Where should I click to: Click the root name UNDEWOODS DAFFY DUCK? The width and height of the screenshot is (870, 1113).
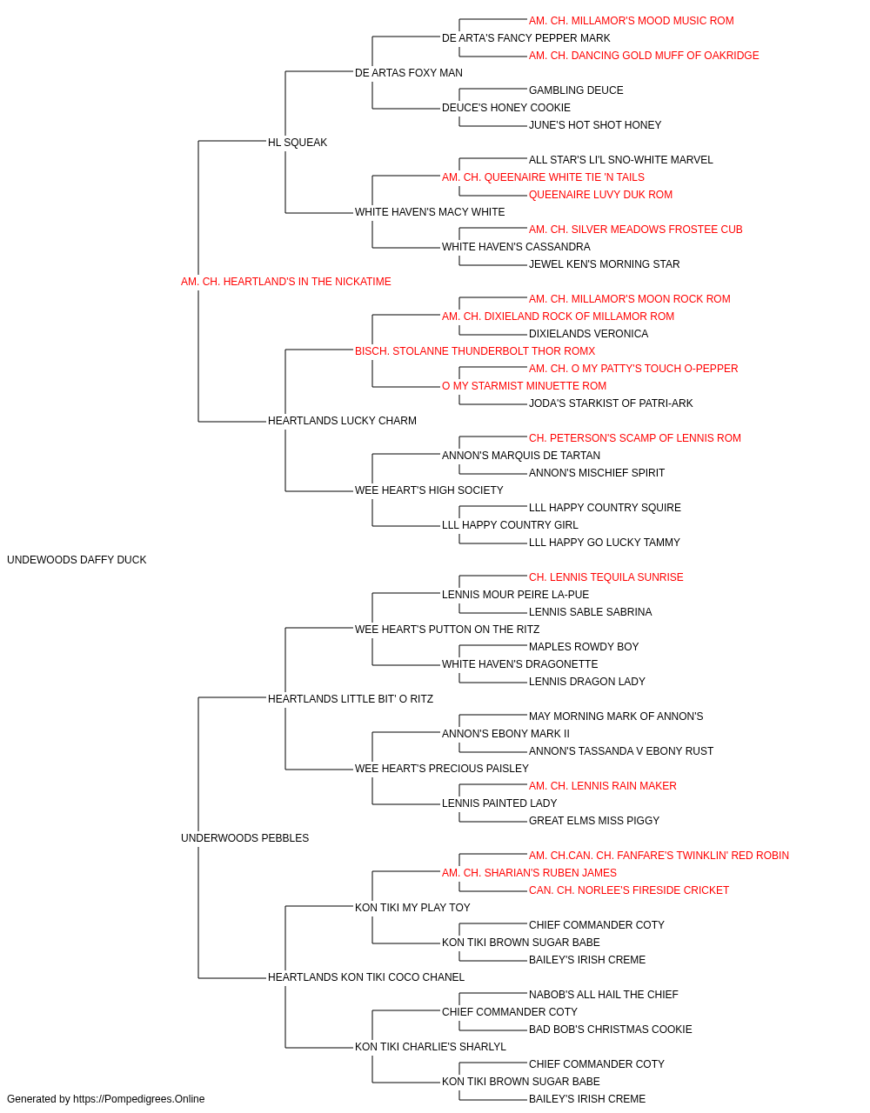(77, 560)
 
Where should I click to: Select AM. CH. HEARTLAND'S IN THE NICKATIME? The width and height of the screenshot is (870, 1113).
(286, 282)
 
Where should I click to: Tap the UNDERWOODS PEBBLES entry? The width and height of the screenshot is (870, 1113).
(245, 838)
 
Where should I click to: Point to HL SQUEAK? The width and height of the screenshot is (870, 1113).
(298, 143)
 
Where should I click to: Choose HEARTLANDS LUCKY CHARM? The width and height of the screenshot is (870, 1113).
(342, 421)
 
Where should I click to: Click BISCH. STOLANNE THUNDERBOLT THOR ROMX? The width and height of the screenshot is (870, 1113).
(475, 350)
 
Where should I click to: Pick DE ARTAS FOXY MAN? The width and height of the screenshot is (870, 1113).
(408, 73)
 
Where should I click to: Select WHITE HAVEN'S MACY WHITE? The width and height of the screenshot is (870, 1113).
(430, 212)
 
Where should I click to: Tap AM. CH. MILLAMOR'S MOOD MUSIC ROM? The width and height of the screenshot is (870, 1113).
(632, 21)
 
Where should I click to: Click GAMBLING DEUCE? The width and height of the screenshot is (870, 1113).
(576, 90)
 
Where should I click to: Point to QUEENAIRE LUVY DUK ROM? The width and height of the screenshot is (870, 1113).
(600, 195)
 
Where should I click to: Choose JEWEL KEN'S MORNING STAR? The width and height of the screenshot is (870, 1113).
(604, 264)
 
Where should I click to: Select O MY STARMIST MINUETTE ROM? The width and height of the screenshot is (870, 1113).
(524, 386)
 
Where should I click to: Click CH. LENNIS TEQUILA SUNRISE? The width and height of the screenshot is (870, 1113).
(606, 577)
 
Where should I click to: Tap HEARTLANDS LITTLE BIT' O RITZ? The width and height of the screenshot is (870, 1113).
(351, 699)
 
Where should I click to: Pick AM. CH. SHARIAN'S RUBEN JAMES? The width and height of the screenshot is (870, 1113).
(529, 873)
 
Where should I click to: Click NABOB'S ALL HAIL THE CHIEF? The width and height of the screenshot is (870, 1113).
(604, 995)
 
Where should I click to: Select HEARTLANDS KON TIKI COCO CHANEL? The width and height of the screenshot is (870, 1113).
(366, 977)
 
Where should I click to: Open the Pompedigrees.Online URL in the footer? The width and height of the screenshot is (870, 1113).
(139, 1099)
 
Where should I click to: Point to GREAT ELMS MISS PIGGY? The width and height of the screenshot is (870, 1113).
(594, 821)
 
